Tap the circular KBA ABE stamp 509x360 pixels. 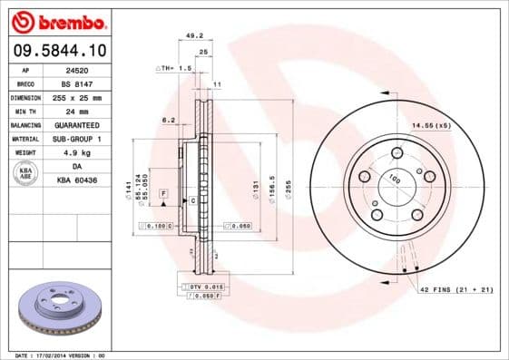pos(24,174)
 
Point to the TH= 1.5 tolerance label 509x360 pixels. pos(176,68)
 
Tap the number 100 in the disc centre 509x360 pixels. pos(394,180)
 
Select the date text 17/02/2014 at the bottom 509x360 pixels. pos(62,355)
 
